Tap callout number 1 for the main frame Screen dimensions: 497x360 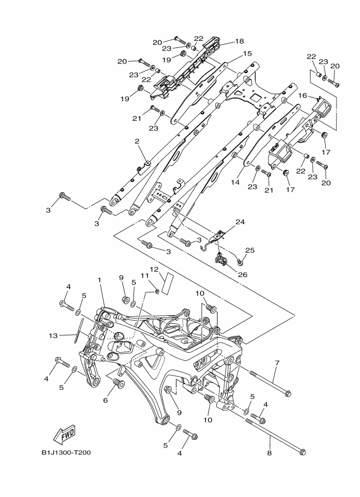[x=100, y=280]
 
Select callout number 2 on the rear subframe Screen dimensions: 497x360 [x=137, y=142]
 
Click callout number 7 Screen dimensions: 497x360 [x=277, y=363]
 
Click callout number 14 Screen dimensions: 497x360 [x=235, y=183]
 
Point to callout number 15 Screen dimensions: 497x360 [x=247, y=54]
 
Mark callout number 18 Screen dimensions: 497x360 [x=239, y=41]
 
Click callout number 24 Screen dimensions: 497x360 [x=240, y=222]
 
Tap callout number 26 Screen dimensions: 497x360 [x=242, y=274]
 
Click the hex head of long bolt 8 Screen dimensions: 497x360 [x=303, y=451]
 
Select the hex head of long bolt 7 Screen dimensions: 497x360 [x=288, y=393]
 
